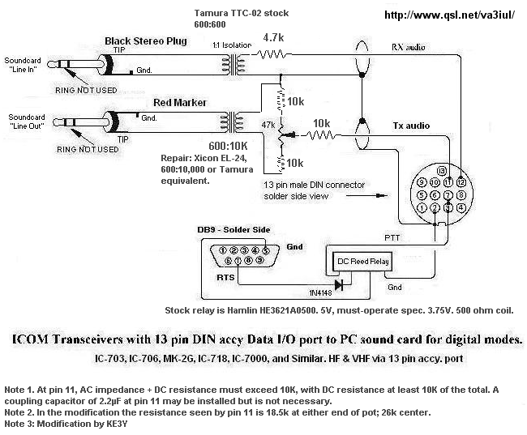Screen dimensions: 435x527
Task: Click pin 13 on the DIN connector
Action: [441, 172]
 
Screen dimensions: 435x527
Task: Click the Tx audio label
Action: [411, 126]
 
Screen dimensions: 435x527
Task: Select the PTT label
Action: [392, 237]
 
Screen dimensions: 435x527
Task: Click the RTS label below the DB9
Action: [225, 278]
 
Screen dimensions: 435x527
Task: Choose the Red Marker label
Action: [180, 102]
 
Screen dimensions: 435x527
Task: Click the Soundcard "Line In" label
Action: [25, 66]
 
